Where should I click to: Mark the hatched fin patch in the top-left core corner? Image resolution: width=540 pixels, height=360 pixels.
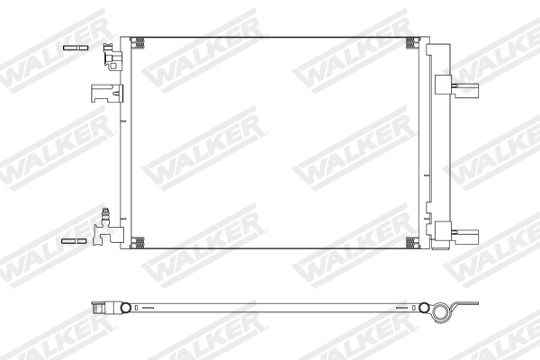138,41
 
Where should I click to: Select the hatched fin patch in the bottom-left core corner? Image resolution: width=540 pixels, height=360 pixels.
138,241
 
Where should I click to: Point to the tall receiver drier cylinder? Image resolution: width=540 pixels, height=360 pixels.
441,144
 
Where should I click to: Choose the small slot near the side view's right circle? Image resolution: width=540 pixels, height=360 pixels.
398,308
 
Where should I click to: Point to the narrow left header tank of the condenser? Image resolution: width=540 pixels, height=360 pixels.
126,144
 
